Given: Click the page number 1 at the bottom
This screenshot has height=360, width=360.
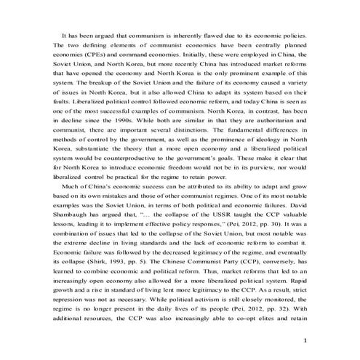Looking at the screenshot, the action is pyautogui.click(x=306, y=340).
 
